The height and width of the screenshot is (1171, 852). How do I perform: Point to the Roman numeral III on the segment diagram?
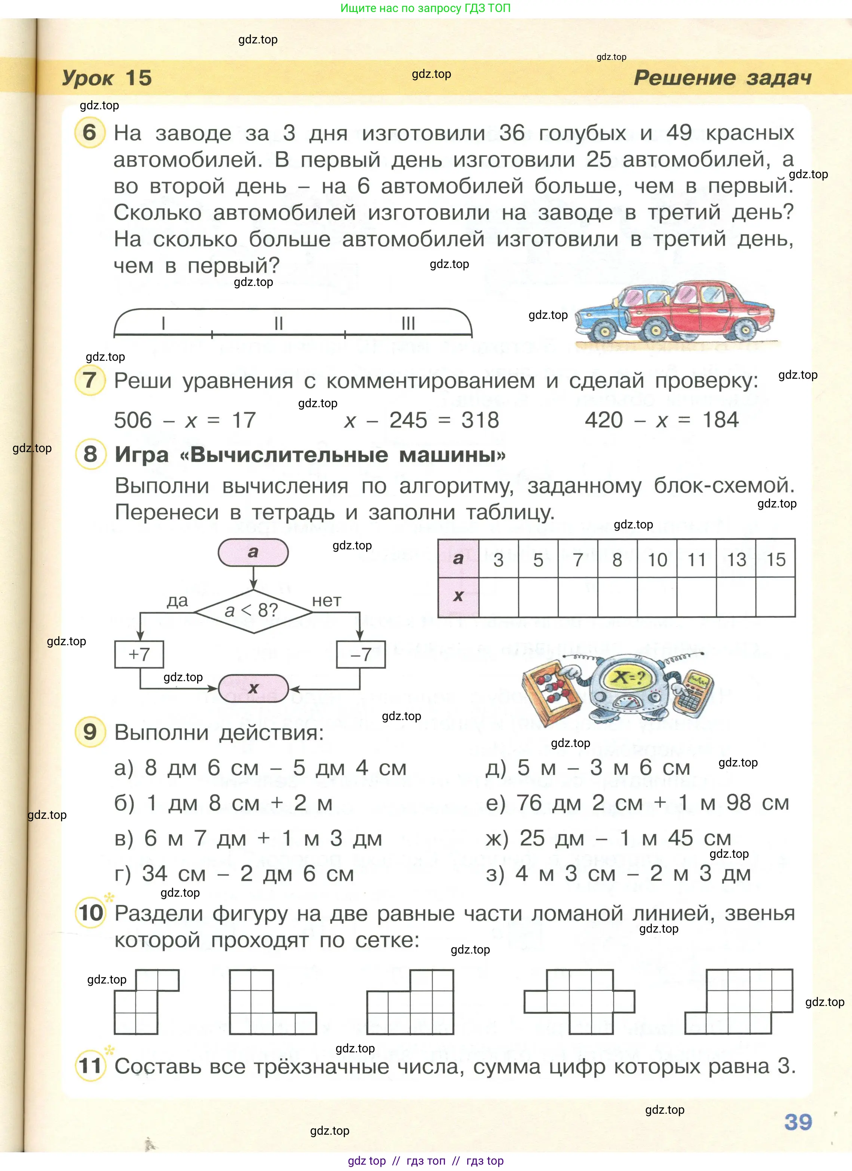click(x=408, y=323)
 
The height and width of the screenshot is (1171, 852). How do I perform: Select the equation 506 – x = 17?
click(x=185, y=420)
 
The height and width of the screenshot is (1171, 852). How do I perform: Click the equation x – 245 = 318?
click(x=421, y=420)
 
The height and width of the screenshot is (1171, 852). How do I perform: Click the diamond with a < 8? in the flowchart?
click(x=253, y=611)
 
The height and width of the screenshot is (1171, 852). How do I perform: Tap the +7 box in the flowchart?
click(x=139, y=654)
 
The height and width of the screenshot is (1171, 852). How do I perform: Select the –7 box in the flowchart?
click(x=361, y=654)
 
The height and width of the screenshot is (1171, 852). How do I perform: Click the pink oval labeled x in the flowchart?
click(x=253, y=688)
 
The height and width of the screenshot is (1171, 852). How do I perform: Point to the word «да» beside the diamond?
click(x=177, y=601)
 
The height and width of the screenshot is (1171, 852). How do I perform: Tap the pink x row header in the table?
click(x=458, y=596)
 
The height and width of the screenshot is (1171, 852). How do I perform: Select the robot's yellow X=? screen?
click(x=629, y=677)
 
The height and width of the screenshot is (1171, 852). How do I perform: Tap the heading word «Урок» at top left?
click(x=88, y=78)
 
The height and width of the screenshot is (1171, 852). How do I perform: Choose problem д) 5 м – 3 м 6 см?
click(x=588, y=768)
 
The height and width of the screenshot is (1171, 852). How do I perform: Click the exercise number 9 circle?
click(x=90, y=732)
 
